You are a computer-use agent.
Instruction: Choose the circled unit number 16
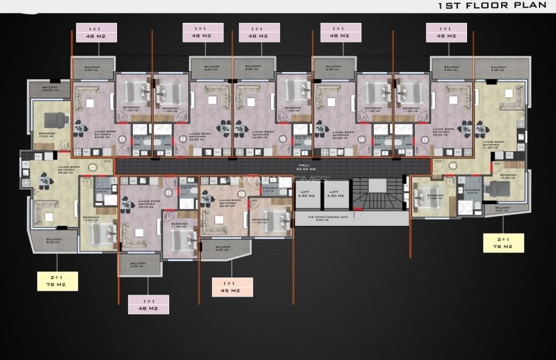tap(361, 139)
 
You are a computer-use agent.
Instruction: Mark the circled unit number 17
tap(425, 139)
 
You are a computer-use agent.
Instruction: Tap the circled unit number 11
tap(169, 192)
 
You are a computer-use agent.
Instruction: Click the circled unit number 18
tap(454, 166)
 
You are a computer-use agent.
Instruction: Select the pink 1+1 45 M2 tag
tap(233, 287)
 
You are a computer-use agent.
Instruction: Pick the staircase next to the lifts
tap(377, 192)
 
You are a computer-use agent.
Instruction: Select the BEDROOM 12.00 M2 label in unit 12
tap(46, 134)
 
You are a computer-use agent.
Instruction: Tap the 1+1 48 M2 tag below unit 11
tap(148, 304)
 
